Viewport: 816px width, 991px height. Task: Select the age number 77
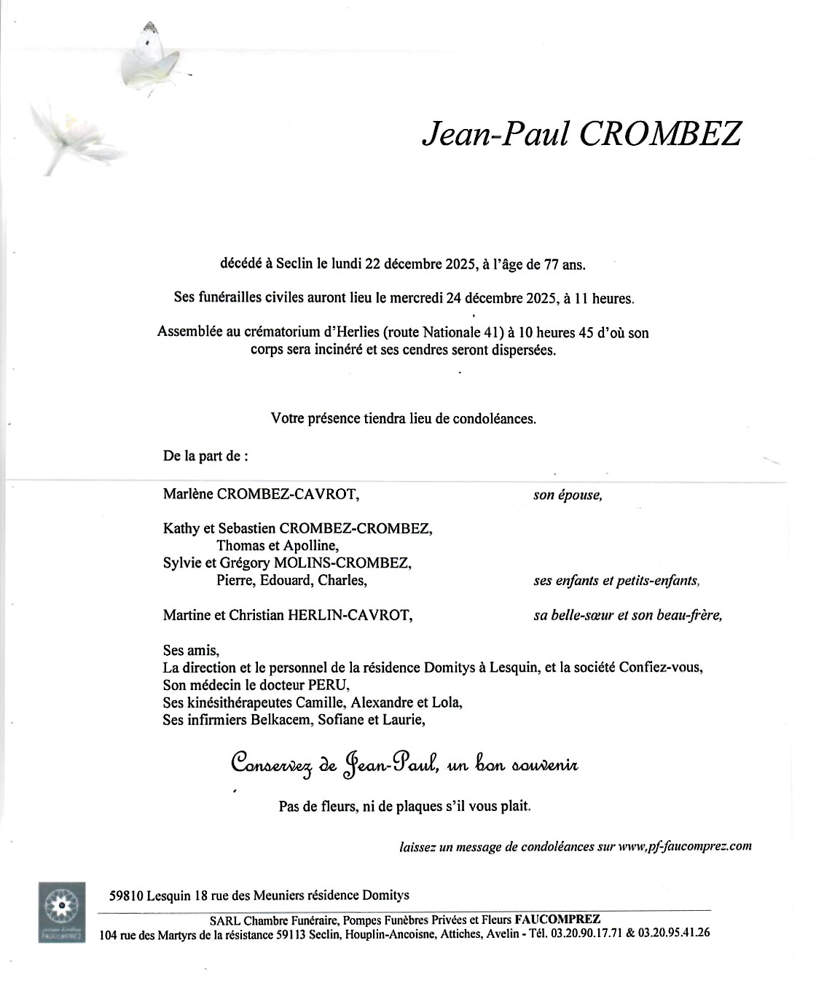pos(553,265)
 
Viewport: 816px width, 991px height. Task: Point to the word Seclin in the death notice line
pos(294,265)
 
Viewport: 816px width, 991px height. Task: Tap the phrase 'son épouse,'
pos(568,495)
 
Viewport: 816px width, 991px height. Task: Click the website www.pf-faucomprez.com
pos(684,846)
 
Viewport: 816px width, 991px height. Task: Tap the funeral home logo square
pos(62,912)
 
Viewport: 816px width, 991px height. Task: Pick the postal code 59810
pos(125,896)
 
